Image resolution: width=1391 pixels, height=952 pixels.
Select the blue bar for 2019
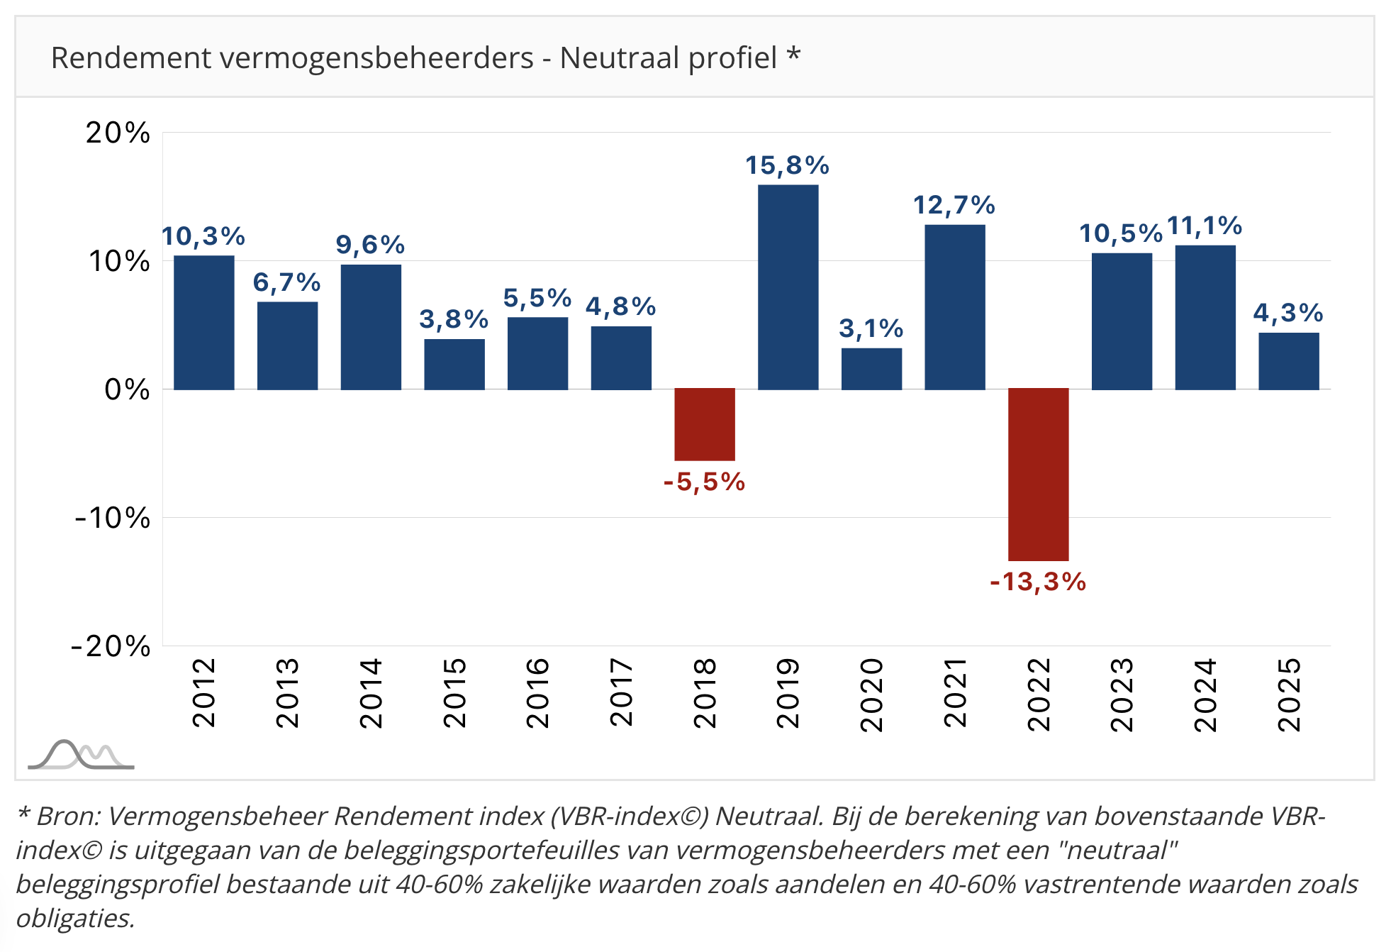coord(788,287)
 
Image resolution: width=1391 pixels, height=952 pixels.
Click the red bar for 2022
coord(1038,474)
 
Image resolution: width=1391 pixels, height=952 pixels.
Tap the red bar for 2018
coord(704,424)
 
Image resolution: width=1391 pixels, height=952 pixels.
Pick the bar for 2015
coord(454,364)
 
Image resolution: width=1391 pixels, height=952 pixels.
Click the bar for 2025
coord(1288,361)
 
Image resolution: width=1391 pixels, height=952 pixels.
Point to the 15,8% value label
coord(787,165)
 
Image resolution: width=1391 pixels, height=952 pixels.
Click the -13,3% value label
coord(1038,582)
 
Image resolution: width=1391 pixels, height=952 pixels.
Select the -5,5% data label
coord(704,482)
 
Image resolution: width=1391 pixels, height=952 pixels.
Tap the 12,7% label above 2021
coord(954,205)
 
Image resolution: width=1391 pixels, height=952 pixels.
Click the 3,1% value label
coord(871,328)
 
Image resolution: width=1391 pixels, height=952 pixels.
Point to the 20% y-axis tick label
coord(118,133)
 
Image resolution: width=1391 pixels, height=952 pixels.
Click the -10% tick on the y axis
coord(113,518)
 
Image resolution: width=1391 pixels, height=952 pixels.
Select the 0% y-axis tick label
coord(127,389)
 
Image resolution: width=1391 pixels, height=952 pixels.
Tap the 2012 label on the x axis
coord(204,692)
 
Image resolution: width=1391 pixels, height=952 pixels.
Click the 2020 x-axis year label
coord(871,694)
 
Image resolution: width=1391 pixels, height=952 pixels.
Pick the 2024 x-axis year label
coord(1205,694)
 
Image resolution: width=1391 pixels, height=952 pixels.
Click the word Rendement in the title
coord(130,57)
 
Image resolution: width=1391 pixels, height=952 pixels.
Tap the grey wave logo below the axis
coord(80,755)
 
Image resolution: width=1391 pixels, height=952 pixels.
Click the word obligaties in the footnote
coord(74,919)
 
